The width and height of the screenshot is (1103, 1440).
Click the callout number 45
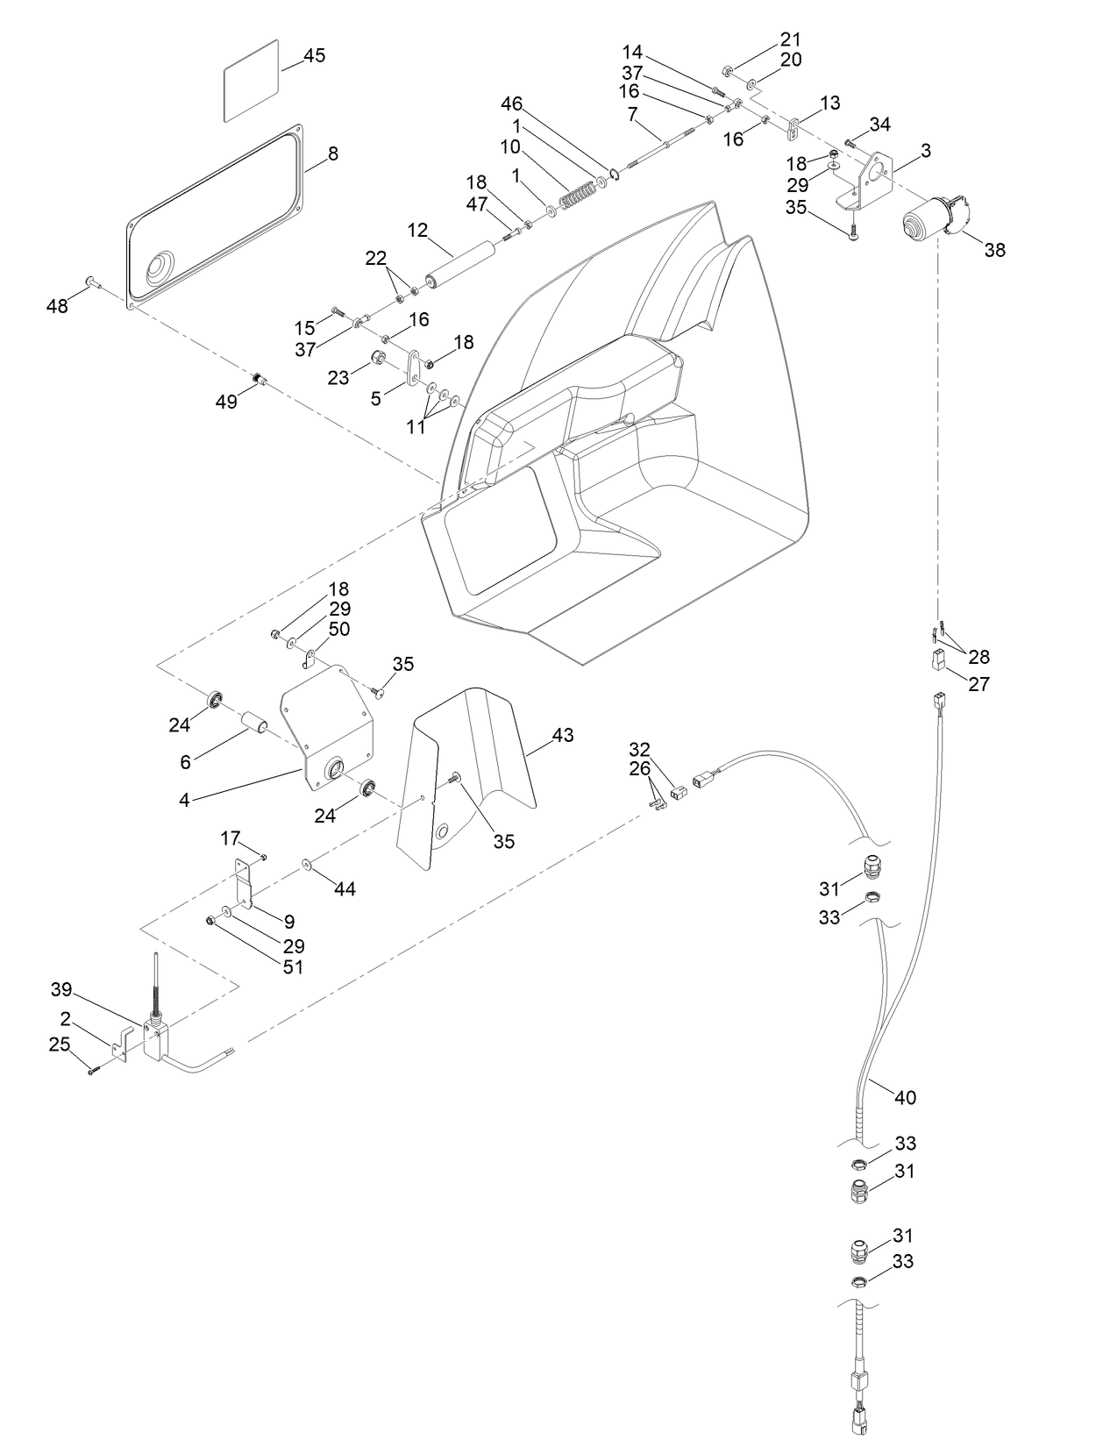click(314, 55)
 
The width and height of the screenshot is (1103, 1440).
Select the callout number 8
click(332, 153)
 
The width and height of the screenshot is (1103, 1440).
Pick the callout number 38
click(994, 250)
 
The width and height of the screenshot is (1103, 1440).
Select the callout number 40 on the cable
click(905, 1097)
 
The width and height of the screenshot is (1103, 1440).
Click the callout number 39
click(60, 989)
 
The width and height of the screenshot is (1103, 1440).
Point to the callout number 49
click(226, 403)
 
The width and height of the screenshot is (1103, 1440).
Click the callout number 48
click(57, 306)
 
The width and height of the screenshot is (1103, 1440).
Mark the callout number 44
click(345, 888)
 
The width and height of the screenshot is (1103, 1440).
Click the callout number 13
click(829, 103)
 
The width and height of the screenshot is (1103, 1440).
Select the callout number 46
click(511, 103)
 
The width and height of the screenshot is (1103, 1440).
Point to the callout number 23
click(338, 377)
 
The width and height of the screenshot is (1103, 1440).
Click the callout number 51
click(293, 967)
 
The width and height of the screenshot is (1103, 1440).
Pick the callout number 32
click(640, 749)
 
